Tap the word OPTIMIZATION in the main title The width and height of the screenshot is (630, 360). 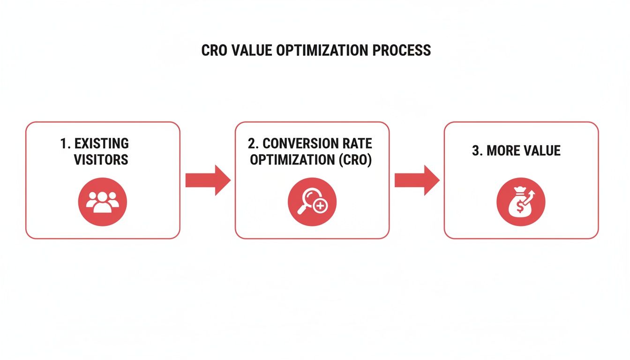pos(321,51)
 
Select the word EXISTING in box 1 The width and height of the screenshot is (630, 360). pos(102,143)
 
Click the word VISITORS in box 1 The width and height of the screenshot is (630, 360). pos(101,159)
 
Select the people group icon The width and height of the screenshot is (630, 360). pos(102,202)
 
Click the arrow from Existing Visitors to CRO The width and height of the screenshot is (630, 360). pos(208,180)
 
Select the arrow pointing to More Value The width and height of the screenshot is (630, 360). pos(417,180)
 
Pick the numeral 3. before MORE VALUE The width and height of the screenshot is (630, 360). pos(477,150)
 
